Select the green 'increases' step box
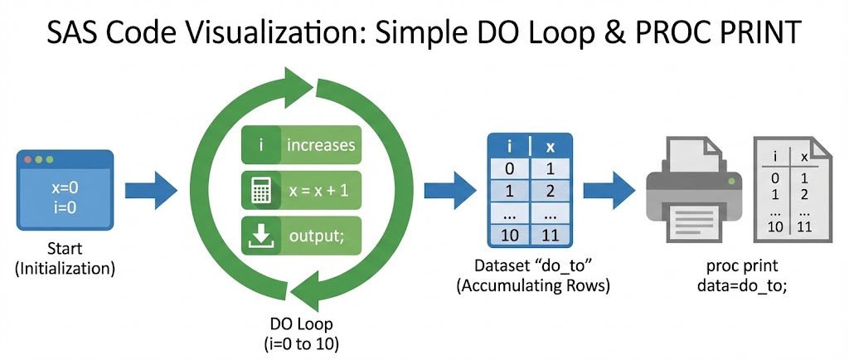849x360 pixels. point(300,145)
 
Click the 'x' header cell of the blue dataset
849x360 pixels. point(549,146)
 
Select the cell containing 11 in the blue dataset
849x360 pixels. point(549,236)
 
